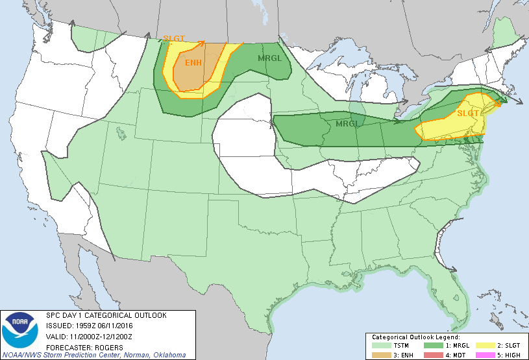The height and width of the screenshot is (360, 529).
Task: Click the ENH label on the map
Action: (x=193, y=63)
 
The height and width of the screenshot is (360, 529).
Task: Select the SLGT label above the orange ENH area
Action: (x=173, y=38)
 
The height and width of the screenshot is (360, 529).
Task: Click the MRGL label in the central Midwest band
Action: (x=348, y=123)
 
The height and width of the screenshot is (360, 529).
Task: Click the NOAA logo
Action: (x=20, y=330)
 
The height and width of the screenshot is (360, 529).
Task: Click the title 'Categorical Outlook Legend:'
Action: (x=415, y=337)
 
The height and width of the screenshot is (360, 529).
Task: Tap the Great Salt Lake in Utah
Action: (x=121, y=133)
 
